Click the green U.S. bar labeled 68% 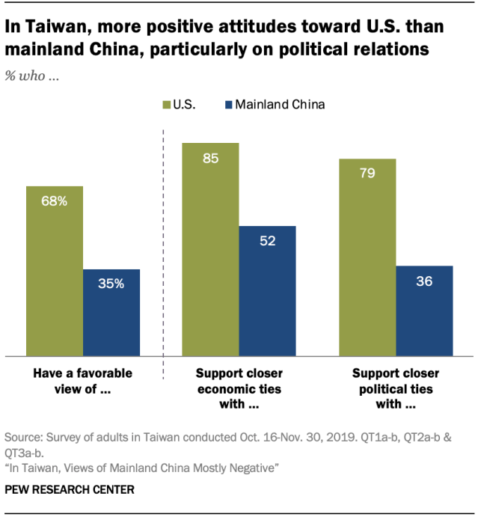click(x=54, y=271)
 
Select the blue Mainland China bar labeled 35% click(x=111, y=313)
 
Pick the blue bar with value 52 click(x=268, y=291)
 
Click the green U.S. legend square click(x=165, y=105)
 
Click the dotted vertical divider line click(x=163, y=247)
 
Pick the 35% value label click(x=111, y=284)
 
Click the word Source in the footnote click(x=23, y=436)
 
